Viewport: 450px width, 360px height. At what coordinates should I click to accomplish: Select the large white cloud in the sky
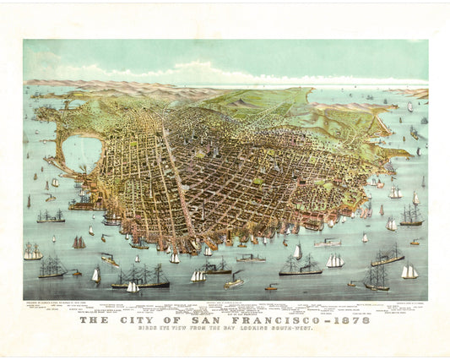pos(203,72)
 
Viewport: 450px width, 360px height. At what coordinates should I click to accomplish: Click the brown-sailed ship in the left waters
pos(79,243)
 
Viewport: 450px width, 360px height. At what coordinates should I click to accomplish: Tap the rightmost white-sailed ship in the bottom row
pos(409,271)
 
